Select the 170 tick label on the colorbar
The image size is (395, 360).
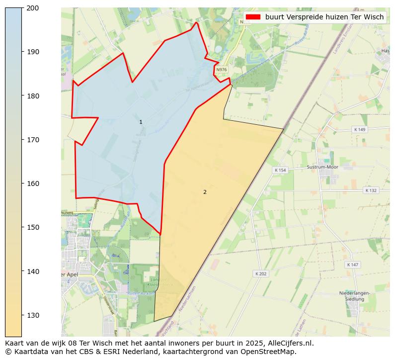[x=33, y=140]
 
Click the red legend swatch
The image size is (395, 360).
[x=253, y=17]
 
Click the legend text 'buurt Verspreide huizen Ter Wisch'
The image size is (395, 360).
[x=324, y=17]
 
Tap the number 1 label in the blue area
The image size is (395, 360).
[x=141, y=122]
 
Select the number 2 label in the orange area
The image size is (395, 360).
[x=205, y=192]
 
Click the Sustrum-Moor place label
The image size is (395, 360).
[x=322, y=167]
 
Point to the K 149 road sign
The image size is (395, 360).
[x=359, y=129]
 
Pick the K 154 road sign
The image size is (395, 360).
[x=280, y=170]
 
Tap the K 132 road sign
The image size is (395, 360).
[x=371, y=190]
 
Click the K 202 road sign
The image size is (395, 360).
[x=260, y=273]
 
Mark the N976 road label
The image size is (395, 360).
[x=222, y=70]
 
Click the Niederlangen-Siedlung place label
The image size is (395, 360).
[x=354, y=296]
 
